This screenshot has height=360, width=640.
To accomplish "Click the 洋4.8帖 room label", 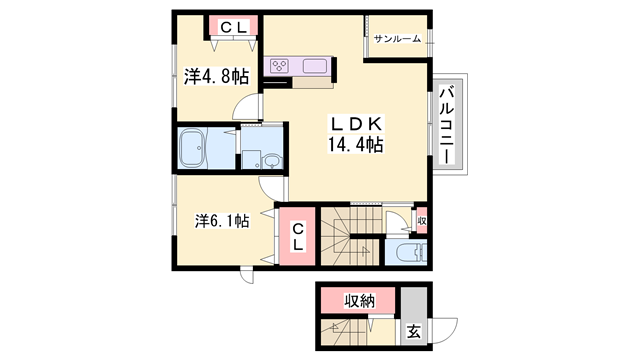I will point(216,76).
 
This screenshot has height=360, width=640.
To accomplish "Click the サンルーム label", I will point(397,39).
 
